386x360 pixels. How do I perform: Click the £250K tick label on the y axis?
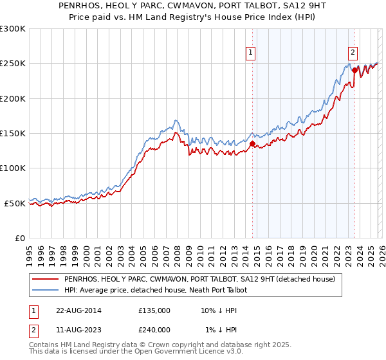click(x=12, y=64)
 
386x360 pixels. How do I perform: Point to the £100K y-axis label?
click(x=12, y=168)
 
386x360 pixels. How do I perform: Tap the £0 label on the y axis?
click(x=19, y=238)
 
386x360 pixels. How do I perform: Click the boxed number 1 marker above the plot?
click(x=250, y=53)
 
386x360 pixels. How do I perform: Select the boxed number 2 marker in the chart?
click(x=353, y=53)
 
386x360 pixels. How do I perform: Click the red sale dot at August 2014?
click(x=252, y=144)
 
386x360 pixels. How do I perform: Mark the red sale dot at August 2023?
click(x=354, y=71)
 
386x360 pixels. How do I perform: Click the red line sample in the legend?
click(x=44, y=280)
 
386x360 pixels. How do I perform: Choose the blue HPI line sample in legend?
click(x=44, y=291)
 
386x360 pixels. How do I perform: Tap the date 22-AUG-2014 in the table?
click(x=78, y=310)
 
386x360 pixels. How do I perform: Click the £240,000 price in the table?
click(x=154, y=329)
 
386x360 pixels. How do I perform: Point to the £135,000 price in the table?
click(x=154, y=310)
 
